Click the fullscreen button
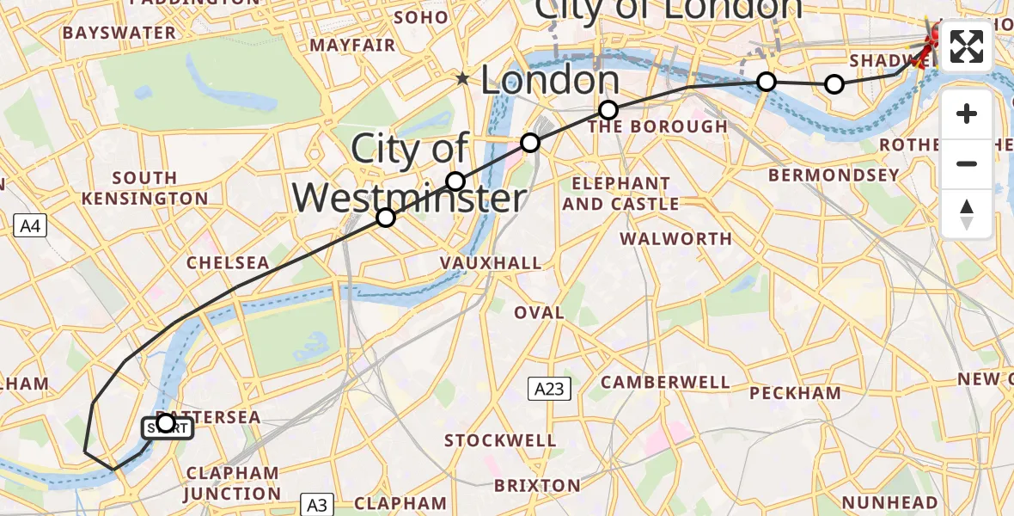click(967, 46)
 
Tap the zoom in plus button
click(967, 114)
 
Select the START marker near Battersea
click(167, 427)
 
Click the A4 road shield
click(30, 226)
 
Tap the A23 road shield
click(548, 390)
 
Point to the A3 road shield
click(316, 504)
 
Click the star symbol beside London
click(463, 79)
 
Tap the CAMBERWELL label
click(665, 382)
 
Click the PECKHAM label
click(795, 393)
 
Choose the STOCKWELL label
click(500, 441)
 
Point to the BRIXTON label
click(537, 485)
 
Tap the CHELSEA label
click(228, 262)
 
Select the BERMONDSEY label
click(834, 175)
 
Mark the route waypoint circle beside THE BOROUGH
click(608, 110)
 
